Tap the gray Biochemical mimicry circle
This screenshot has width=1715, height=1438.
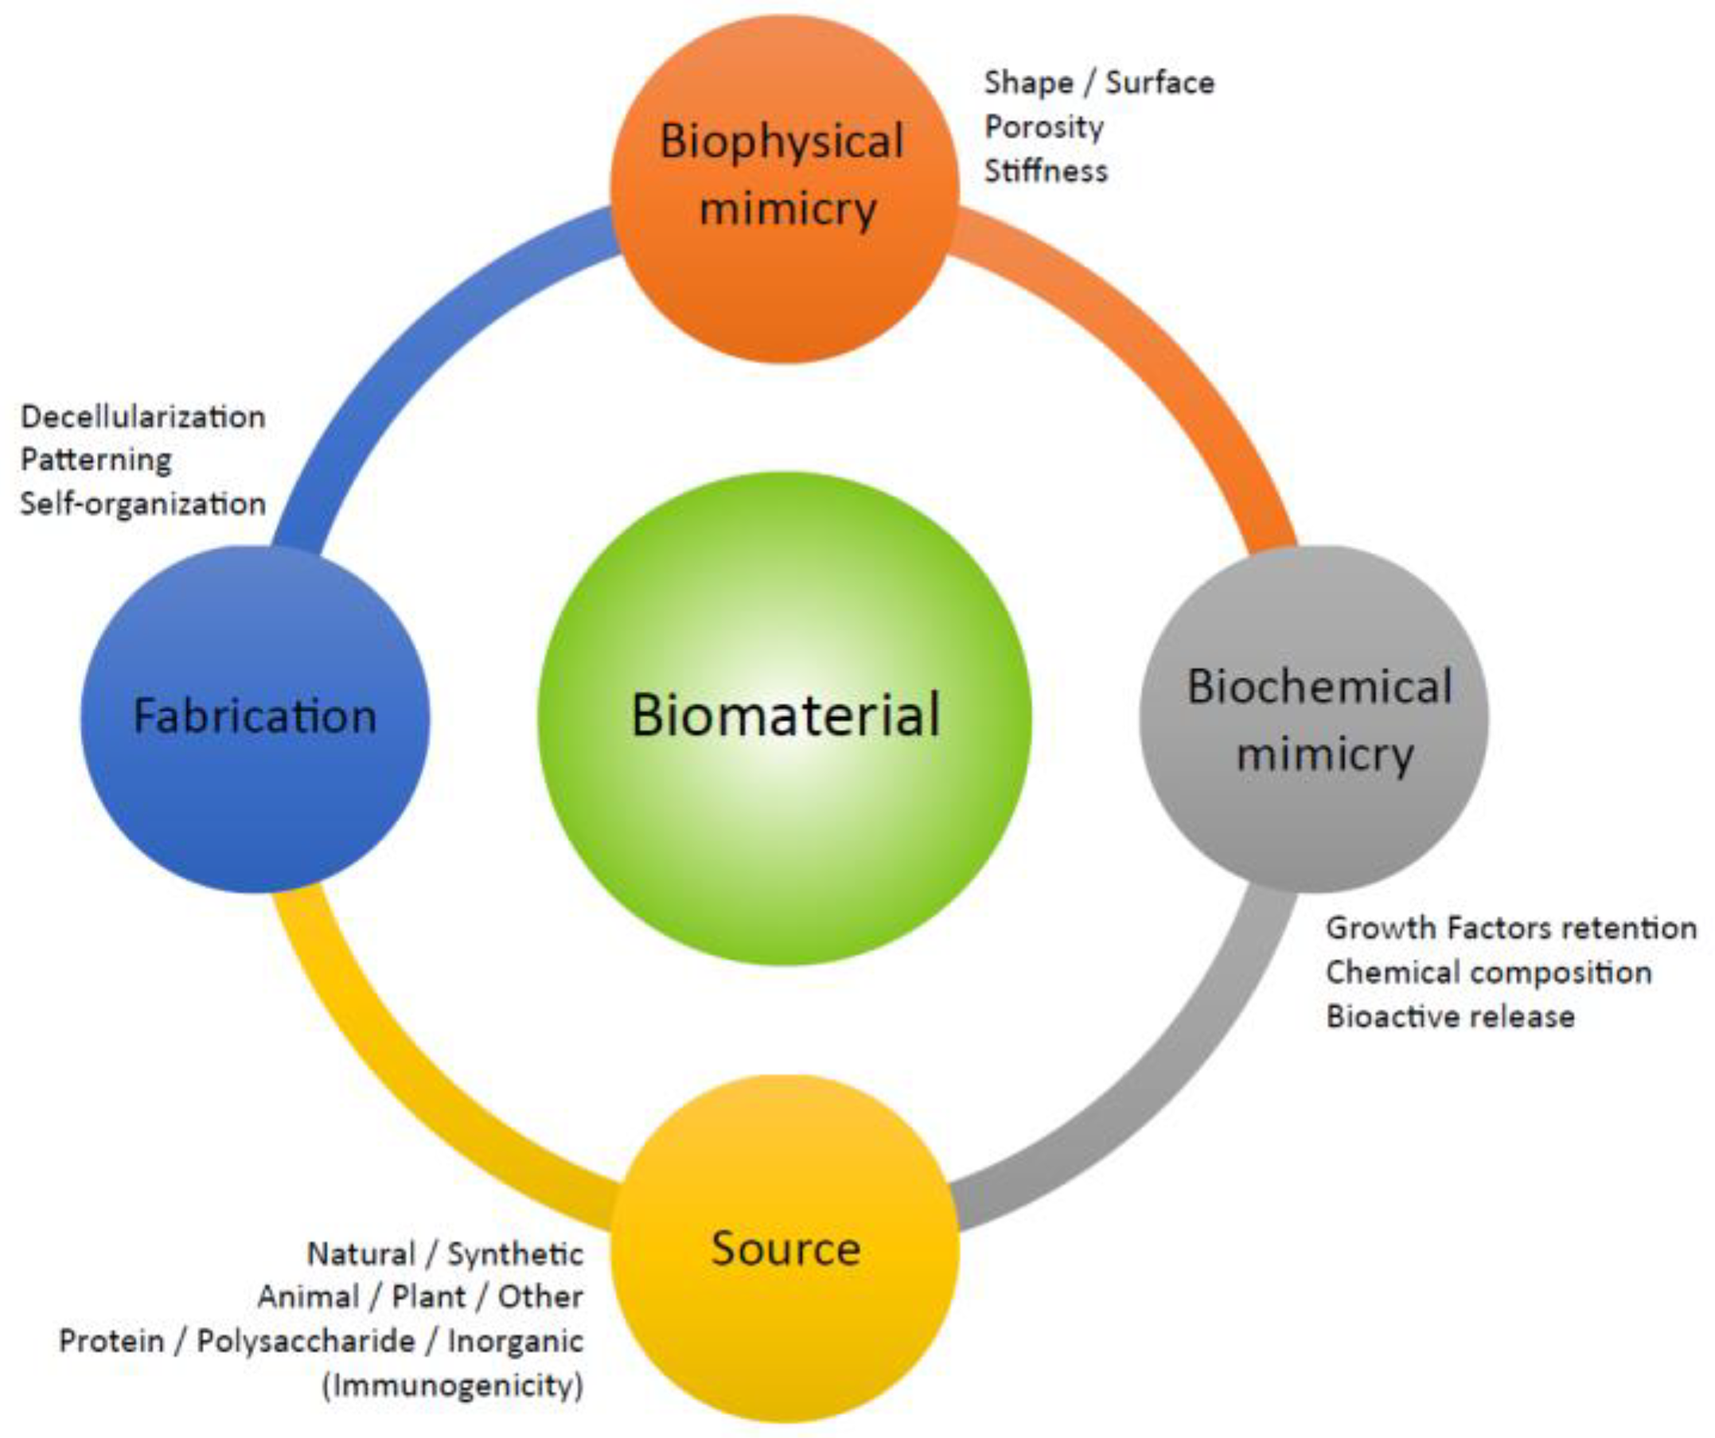[1313, 719]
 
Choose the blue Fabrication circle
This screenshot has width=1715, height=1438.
[255, 719]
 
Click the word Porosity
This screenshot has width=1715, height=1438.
[1043, 127]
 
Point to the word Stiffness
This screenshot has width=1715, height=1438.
[1046, 171]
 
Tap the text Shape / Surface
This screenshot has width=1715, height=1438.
[1098, 84]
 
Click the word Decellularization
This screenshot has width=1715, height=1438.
[143, 417]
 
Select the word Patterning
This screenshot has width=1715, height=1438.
[95, 461]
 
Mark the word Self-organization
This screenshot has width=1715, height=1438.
[143, 504]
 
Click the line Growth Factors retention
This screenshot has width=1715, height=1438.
[1510, 929]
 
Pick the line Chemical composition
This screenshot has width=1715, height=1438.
[1488, 972]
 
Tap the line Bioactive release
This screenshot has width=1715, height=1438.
[1449, 1017]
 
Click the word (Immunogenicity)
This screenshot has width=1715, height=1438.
[454, 1385]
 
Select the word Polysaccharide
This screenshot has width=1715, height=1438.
[306, 1342]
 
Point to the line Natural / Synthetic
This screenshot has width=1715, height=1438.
[445, 1254]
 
